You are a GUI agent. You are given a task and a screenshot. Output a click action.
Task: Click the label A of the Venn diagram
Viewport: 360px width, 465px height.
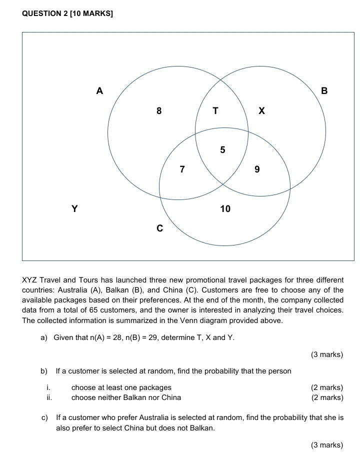99,91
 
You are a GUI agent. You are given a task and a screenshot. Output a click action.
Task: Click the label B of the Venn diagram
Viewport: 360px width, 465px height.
324,91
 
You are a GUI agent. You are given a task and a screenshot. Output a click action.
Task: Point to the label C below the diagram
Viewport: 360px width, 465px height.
159,228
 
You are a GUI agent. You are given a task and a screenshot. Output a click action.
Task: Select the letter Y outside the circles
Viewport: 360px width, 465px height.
74,208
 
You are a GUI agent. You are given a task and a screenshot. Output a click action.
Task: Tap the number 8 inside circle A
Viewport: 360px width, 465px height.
159,111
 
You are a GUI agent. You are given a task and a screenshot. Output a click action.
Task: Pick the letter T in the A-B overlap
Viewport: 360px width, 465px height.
215,111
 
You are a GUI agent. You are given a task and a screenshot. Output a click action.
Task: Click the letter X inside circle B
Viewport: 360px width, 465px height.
261,111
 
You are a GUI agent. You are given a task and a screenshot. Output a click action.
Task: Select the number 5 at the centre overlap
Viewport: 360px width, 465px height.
222,149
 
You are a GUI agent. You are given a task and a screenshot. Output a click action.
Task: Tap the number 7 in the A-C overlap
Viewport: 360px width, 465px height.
182,169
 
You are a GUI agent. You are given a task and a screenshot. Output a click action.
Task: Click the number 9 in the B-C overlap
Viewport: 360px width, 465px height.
257,169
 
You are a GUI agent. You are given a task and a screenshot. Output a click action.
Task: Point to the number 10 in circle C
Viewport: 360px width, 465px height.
225,208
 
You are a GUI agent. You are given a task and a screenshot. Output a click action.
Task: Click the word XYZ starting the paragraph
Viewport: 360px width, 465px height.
29,280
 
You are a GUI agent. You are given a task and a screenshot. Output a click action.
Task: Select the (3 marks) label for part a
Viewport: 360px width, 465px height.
326,354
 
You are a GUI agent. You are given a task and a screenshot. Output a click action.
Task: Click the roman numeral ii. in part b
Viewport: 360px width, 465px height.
49,397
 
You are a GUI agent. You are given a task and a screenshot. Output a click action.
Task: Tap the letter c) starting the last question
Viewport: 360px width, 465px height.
45,417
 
